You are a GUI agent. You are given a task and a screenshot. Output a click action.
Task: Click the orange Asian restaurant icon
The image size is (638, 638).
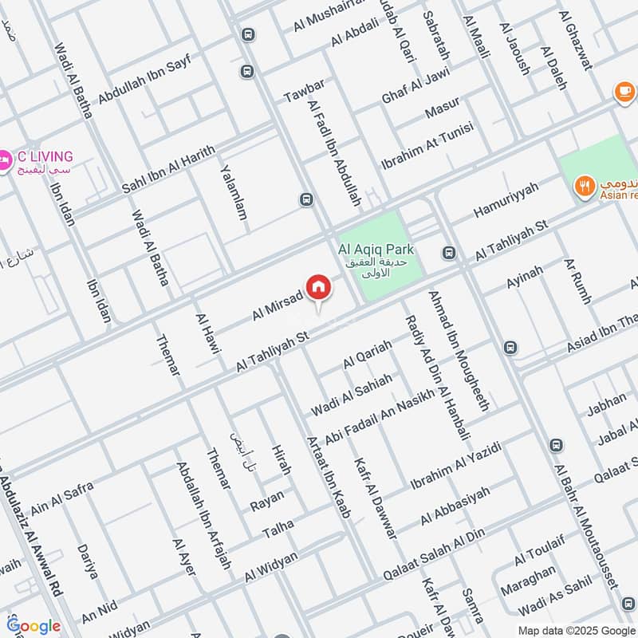[586, 187]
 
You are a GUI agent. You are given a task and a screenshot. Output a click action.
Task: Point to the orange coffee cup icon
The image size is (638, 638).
[621, 93]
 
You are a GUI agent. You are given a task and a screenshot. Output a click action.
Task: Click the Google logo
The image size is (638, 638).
[33, 626]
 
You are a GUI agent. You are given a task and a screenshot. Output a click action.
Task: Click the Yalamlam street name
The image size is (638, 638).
[234, 193]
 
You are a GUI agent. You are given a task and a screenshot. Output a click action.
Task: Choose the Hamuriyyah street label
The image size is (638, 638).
[506, 199]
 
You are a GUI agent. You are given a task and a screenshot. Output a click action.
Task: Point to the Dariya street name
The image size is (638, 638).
[88, 561]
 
